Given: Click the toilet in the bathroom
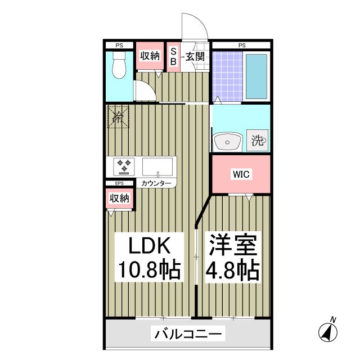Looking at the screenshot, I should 119,66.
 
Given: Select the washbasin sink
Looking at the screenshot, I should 227,141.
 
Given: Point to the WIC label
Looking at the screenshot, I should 241,174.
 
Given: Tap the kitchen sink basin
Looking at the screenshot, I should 158,166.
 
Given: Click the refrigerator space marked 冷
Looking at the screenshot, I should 118,116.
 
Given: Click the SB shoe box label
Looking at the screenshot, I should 173,56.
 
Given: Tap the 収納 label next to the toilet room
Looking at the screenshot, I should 150,56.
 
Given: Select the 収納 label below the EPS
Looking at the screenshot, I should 120,198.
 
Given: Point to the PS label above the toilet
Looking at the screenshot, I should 119,45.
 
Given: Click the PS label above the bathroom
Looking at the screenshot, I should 242,45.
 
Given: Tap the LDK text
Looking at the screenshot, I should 149,246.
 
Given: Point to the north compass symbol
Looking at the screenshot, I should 327,331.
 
